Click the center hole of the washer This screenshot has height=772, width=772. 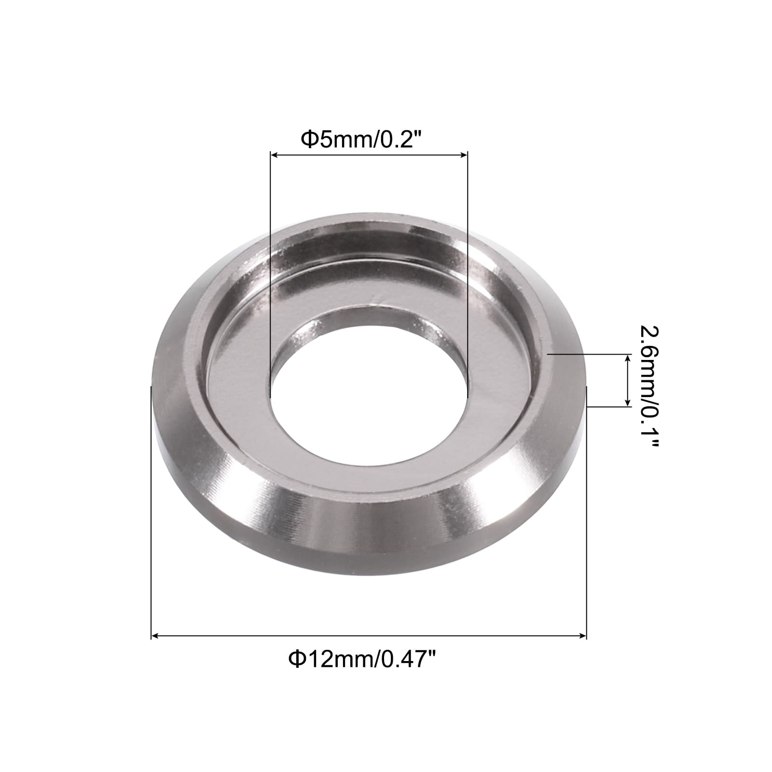point(369,386)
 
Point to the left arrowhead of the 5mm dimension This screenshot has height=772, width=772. point(275,155)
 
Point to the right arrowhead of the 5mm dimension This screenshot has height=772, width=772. point(464,155)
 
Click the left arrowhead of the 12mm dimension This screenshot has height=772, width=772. point(155,637)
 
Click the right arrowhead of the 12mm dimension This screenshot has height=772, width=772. point(582,637)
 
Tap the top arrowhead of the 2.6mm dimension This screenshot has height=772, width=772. point(628,358)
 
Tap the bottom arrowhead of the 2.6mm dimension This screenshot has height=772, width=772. point(628,402)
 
